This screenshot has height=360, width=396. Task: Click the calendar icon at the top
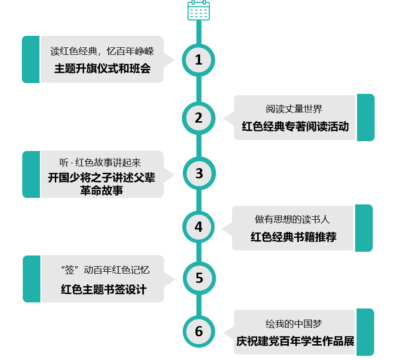click(x=199, y=10)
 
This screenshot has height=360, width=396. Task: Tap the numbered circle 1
click(x=199, y=60)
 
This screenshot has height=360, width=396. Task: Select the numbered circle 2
click(x=199, y=118)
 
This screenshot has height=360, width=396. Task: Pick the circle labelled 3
click(x=199, y=173)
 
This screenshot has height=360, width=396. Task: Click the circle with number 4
click(x=199, y=227)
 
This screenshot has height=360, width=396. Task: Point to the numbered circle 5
click(x=199, y=278)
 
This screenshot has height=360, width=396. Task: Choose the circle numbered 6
click(x=199, y=332)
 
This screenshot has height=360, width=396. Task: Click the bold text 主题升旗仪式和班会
click(x=102, y=68)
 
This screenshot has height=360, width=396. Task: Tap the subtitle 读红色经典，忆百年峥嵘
click(x=102, y=51)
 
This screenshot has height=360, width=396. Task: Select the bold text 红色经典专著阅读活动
click(x=295, y=126)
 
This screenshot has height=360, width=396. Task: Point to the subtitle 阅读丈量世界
click(x=294, y=109)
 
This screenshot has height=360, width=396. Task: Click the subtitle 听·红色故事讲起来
click(x=100, y=163)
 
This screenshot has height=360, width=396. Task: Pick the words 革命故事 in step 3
click(x=102, y=190)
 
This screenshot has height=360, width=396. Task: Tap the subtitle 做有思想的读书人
click(x=292, y=219)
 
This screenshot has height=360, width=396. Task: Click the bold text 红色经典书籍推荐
click(x=293, y=237)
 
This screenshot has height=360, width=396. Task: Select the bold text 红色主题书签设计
click(x=104, y=289)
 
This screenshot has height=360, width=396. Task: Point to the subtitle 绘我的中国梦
click(x=294, y=324)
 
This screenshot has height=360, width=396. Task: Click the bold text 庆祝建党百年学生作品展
click(x=295, y=341)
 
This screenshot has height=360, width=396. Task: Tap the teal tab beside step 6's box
click(x=365, y=332)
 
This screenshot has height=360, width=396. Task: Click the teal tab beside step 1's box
click(x=31, y=59)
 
